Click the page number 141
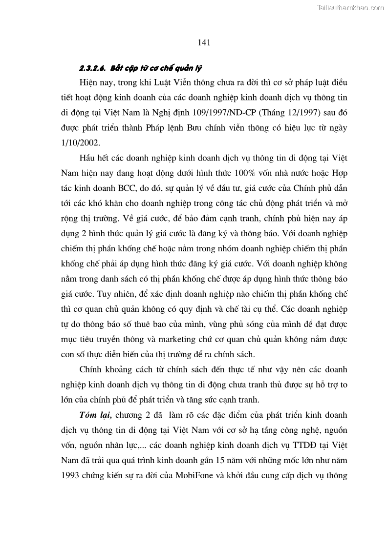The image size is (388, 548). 204,42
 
